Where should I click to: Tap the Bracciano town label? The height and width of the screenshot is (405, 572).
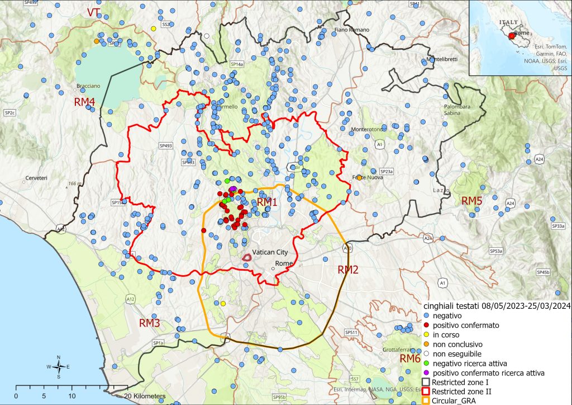coord(88,86)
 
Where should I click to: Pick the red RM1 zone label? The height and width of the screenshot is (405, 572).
coord(267,202)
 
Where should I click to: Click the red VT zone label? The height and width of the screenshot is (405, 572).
coord(93,12)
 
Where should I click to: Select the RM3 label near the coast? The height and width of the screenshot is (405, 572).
coord(150,323)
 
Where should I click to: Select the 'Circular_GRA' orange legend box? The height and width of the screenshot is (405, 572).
coord(426,401)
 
